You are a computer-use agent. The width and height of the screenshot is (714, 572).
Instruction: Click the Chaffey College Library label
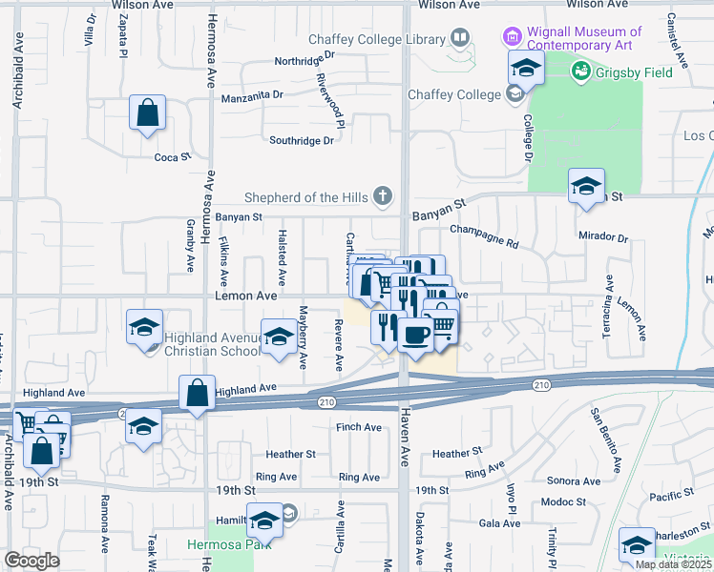coord(377,39)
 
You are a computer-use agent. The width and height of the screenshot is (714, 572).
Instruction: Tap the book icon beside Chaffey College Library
coord(461,39)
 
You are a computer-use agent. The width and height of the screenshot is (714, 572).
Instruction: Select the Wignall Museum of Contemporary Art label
coord(584,38)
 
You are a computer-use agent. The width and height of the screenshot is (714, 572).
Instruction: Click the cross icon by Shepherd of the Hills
coord(383,196)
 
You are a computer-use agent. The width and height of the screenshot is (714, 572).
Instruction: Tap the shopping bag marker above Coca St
coord(148,113)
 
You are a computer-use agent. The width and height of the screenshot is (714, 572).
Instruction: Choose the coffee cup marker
coord(416,335)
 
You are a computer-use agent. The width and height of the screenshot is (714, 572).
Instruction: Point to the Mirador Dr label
coord(603,236)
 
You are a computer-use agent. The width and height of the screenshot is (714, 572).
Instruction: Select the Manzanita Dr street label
coord(253,95)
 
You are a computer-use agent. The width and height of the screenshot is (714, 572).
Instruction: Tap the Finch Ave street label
coord(359,427)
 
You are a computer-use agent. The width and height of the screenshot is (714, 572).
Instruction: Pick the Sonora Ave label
coord(573,482)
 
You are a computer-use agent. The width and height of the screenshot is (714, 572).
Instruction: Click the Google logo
coord(31,561)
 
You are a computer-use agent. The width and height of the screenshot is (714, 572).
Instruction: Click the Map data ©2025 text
coord(673,564)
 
